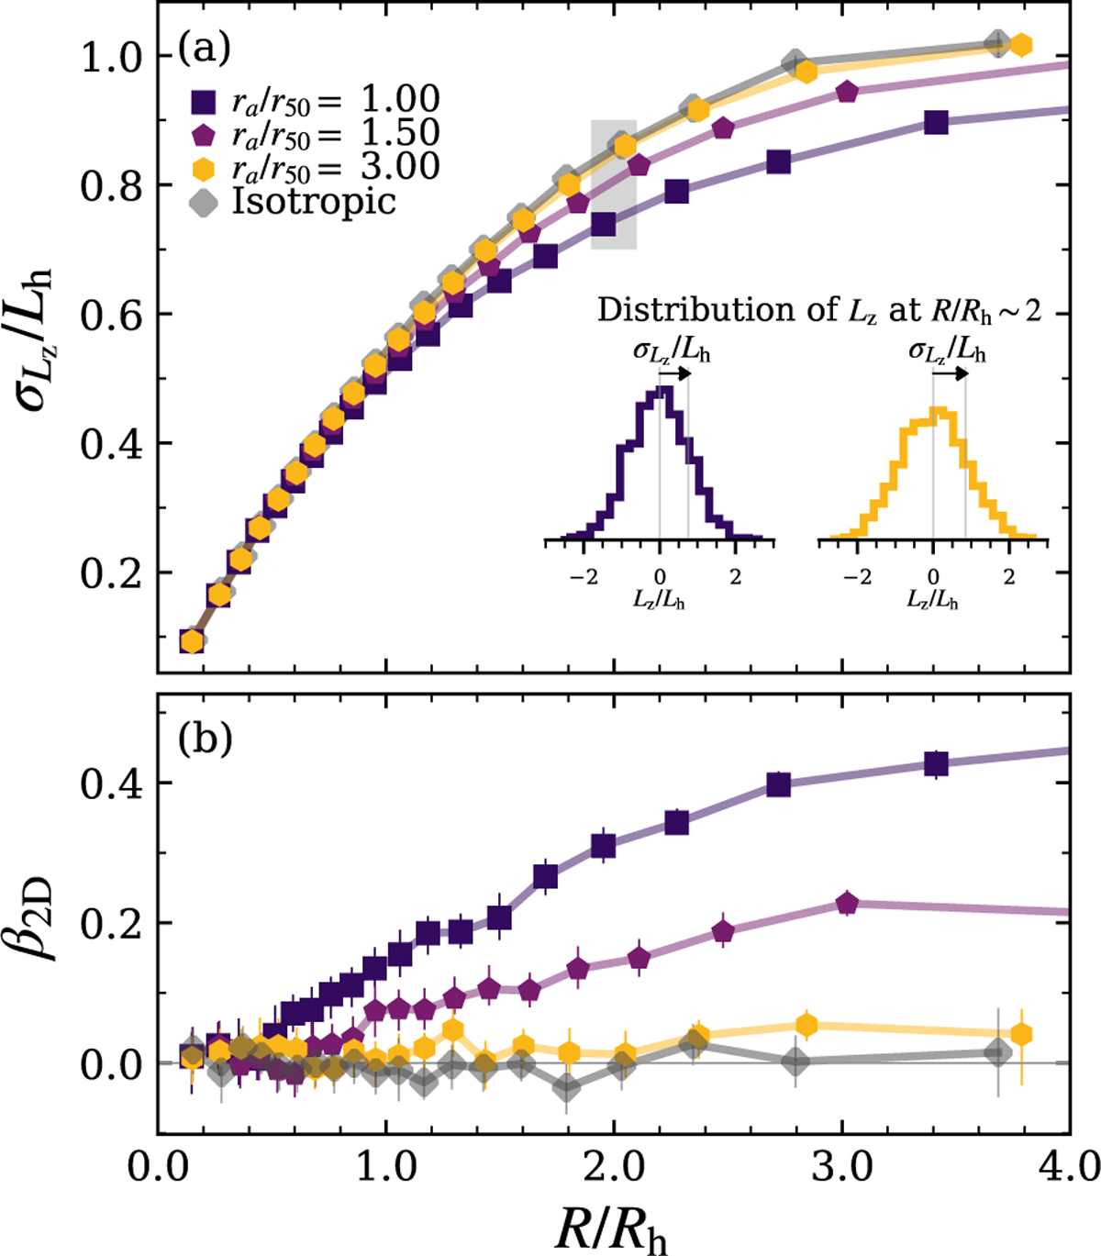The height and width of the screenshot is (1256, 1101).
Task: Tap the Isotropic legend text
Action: [315, 200]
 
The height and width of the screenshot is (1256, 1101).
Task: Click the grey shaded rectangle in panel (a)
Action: [613, 183]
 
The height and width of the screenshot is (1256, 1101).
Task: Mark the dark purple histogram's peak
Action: [665, 390]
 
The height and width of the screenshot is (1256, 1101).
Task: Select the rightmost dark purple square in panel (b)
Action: [936, 764]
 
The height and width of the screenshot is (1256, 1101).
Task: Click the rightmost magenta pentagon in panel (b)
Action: [847, 904]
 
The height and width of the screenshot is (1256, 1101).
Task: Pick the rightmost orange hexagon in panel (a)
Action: [1020, 45]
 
